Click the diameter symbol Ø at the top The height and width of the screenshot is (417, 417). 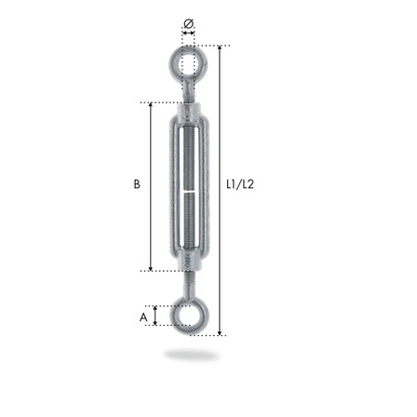[189, 23]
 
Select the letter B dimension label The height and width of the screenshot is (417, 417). [137, 184]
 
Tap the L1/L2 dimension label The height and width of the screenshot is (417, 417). [240, 184]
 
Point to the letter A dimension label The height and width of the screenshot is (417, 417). [143, 317]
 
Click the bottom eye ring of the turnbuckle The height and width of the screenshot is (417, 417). [173, 316]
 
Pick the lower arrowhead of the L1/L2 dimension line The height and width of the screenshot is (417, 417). [220, 333]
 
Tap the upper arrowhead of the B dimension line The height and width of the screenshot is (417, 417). [151, 104]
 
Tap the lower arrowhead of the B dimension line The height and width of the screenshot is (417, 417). [151, 268]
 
